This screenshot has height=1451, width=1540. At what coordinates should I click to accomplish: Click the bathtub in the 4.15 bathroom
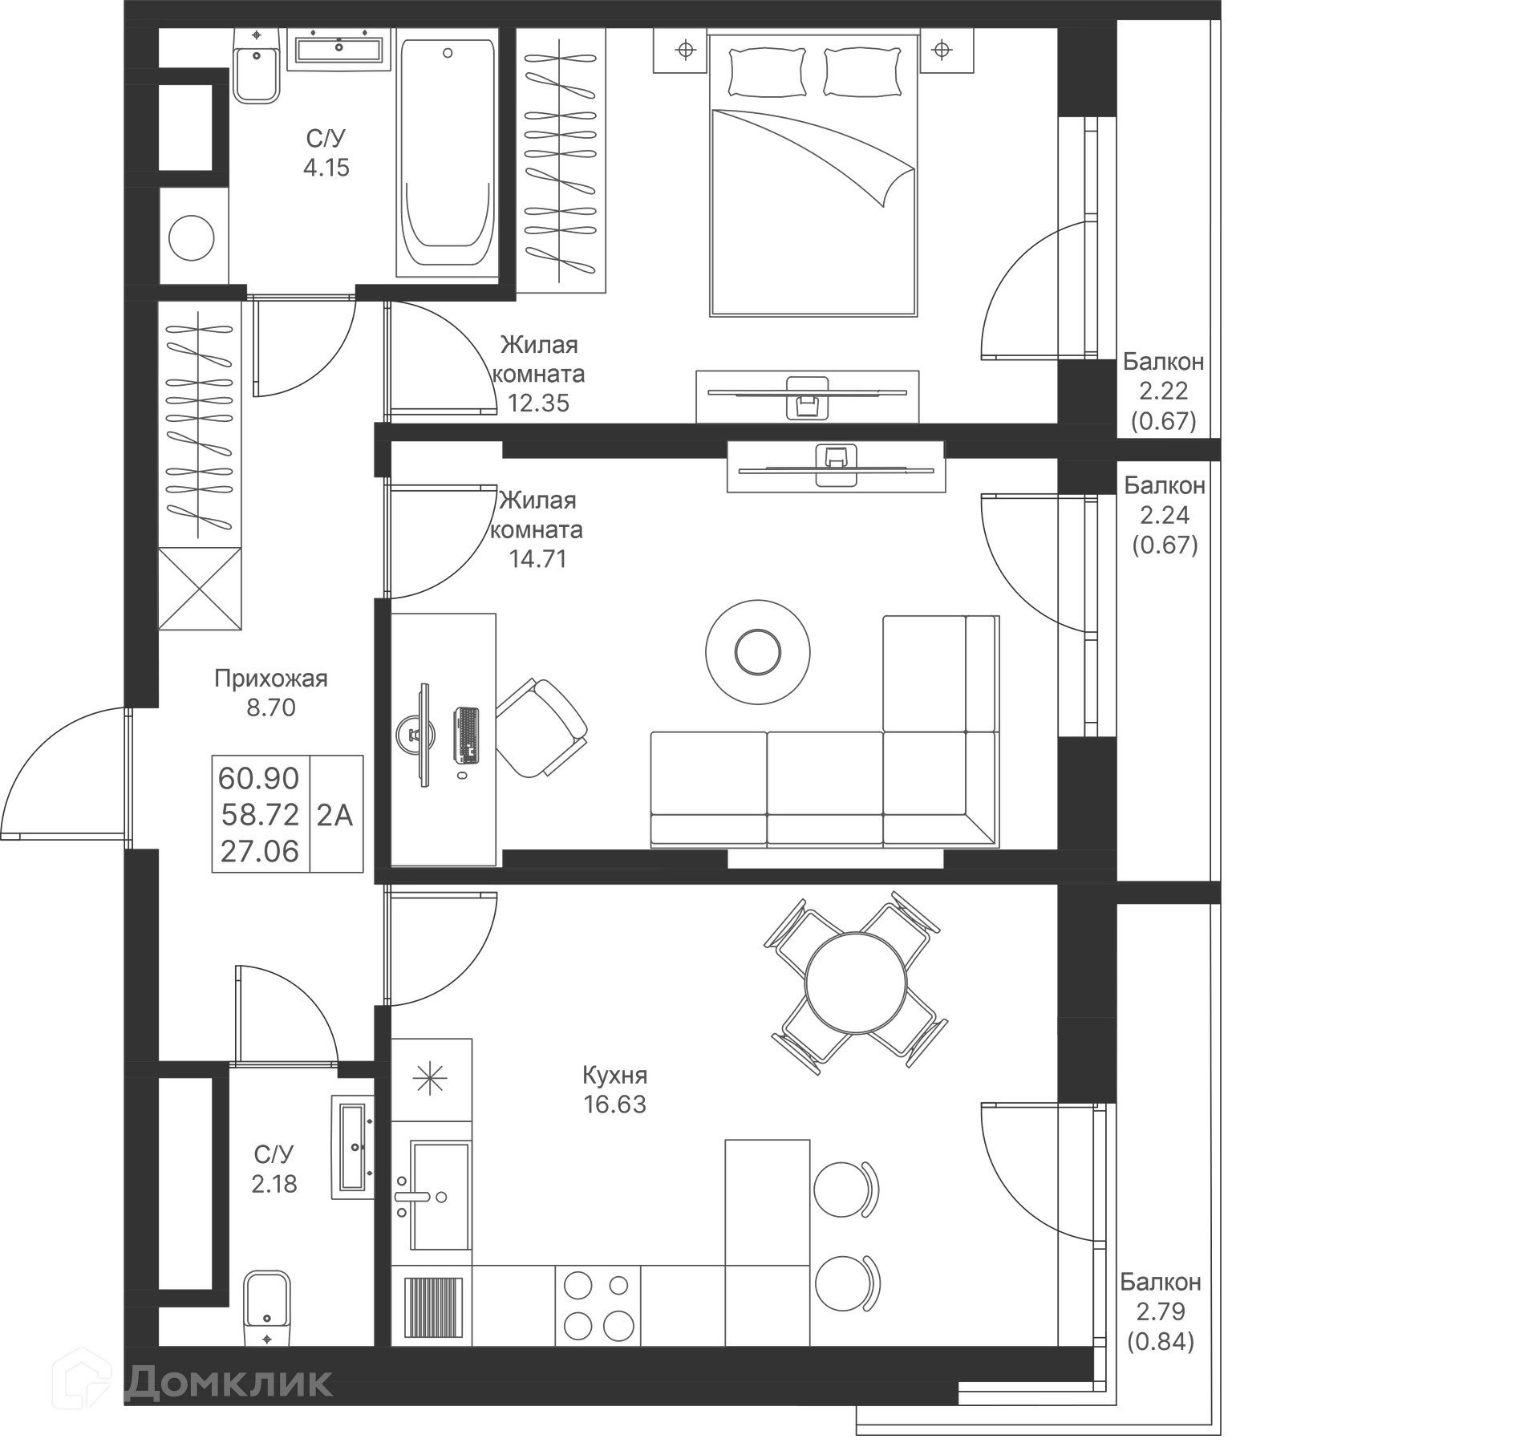click(x=447, y=152)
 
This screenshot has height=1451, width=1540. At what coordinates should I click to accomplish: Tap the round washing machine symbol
click(x=192, y=238)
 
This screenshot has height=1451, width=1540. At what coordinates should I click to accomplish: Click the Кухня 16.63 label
click(x=614, y=1089)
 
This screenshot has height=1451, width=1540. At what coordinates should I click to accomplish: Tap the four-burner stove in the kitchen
click(x=598, y=1305)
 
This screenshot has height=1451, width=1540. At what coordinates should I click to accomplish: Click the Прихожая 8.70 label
click(x=271, y=693)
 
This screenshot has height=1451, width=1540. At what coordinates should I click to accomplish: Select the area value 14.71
click(x=537, y=559)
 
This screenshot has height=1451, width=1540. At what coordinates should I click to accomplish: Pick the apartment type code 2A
click(x=334, y=815)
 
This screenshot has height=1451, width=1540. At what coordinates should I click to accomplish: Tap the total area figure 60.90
click(x=258, y=778)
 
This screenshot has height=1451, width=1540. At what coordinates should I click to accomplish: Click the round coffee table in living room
click(x=757, y=652)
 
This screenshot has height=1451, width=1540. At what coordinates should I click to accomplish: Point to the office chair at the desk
click(x=542, y=728)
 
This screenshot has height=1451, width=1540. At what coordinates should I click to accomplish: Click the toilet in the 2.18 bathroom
click(x=267, y=1307)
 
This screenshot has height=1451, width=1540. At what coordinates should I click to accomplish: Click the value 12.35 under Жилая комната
click(x=538, y=403)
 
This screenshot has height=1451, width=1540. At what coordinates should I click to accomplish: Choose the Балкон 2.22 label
click(x=1163, y=376)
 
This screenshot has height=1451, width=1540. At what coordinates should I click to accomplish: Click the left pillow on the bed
click(x=767, y=72)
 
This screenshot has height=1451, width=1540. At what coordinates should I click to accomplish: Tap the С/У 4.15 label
click(x=326, y=152)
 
